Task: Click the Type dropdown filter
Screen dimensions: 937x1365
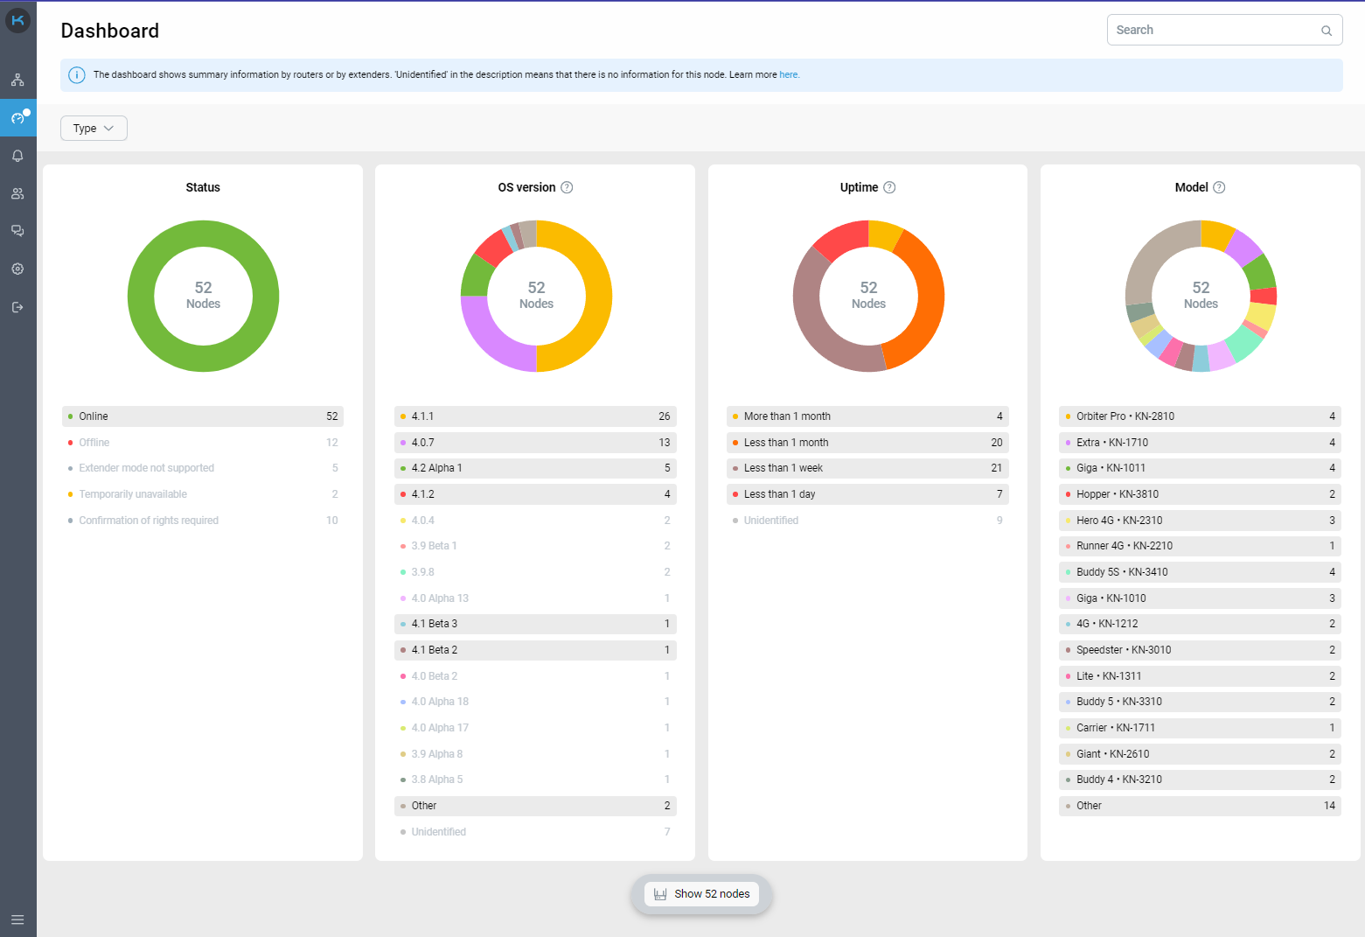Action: [94, 129]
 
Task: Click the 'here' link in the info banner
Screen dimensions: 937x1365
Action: [789, 75]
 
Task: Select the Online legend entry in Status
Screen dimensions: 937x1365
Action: [202, 416]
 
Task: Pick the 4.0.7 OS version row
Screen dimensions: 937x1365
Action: [534, 443]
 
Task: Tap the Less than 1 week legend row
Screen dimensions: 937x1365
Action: [867, 468]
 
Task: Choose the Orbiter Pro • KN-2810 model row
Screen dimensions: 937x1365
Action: [1199, 416]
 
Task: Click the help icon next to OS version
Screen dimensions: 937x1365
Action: [567, 187]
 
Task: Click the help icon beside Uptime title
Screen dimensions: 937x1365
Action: [889, 187]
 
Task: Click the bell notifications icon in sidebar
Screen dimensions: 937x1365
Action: [17, 156]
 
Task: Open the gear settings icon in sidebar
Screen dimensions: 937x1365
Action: [17, 269]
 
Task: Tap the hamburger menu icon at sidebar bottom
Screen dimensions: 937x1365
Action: [17, 920]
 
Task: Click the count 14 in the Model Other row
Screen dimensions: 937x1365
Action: [1329, 806]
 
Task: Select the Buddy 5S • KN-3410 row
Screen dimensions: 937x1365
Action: [1199, 572]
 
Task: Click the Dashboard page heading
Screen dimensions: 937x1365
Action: [110, 31]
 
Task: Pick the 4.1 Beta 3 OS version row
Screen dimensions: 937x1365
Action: [534, 624]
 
